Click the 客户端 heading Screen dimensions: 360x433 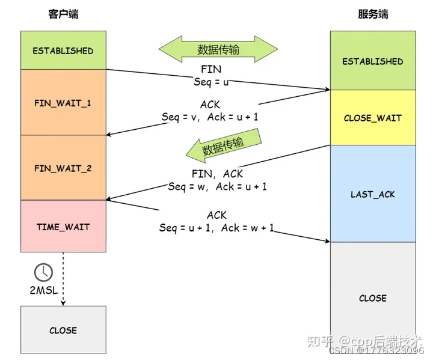pyautogui.click(x=63, y=14)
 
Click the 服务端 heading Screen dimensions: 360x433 pyautogui.click(x=372, y=14)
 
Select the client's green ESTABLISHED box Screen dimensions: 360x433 pyautogui.click(x=63, y=50)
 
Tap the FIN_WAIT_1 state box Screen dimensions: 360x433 pyautogui.click(x=63, y=103)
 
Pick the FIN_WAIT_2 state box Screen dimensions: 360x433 pyautogui.click(x=63, y=168)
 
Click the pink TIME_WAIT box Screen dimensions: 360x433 pyautogui.click(x=63, y=227)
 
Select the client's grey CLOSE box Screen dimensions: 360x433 pyautogui.click(x=63, y=330)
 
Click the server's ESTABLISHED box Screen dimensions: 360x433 pyautogui.click(x=372, y=61)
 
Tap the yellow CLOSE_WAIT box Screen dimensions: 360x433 pyautogui.click(x=372, y=118)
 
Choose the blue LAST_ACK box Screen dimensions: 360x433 pyautogui.click(x=372, y=194)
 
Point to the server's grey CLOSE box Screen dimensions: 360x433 pyautogui.click(x=372, y=297)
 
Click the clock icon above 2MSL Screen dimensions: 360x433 pyautogui.click(x=43, y=272)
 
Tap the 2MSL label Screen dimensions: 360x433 pyautogui.click(x=43, y=291)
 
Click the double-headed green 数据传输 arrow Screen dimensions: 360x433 pyautogui.click(x=218, y=49)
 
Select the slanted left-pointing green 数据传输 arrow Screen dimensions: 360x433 pyautogui.click(x=223, y=147)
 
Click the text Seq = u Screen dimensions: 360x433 pyautogui.click(x=210, y=81)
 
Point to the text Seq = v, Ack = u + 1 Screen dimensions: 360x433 pyautogui.click(x=210, y=117)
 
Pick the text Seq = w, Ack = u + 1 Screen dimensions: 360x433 pyautogui.click(x=217, y=186)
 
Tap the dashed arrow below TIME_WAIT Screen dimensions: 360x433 pyautogui.click(x=63, y=276)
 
